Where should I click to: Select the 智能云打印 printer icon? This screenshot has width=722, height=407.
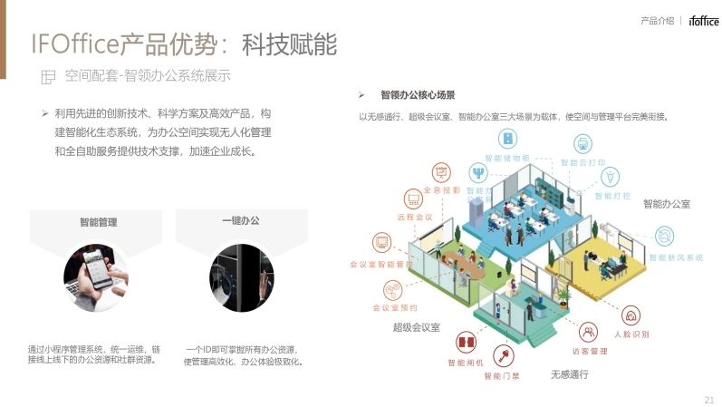(582, 144)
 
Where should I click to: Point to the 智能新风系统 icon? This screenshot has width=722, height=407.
(664, 235)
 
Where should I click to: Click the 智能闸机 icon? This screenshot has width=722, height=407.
(466, 344)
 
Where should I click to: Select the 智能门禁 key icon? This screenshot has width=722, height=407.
(501, 354)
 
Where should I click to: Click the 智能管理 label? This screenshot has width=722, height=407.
(98, 221)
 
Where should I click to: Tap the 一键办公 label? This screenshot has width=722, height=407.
(240, 221)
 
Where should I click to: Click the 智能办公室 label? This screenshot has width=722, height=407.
(667, 204)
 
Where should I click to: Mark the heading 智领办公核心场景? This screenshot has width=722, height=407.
(418, 94)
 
